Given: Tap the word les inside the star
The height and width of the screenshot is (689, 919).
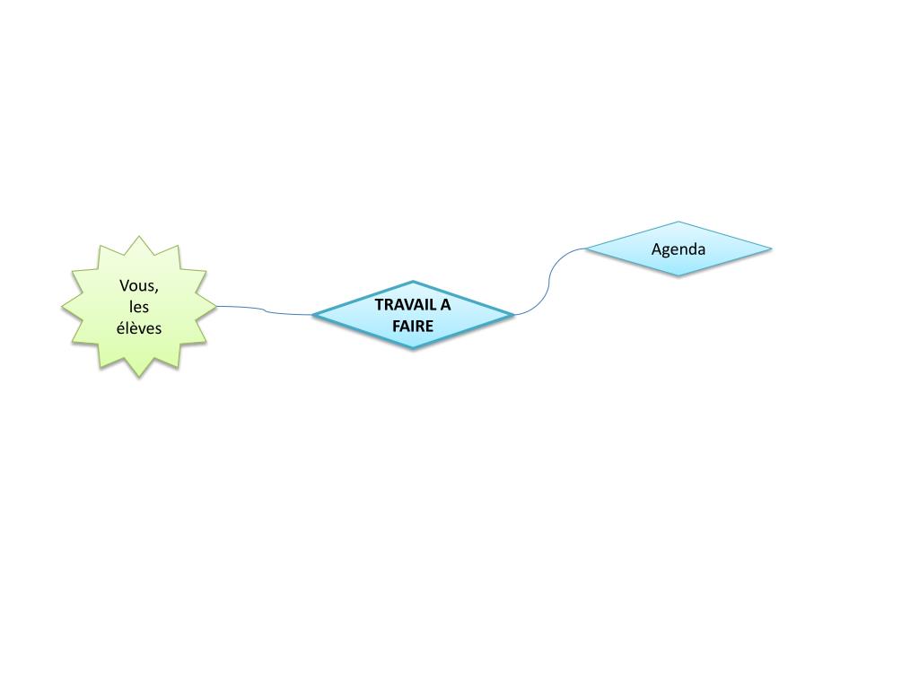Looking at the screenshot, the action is pos(138,307).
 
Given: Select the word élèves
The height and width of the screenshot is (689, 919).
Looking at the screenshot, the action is pos(139,327).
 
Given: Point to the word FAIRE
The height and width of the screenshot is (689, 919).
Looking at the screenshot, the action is pos(413,326).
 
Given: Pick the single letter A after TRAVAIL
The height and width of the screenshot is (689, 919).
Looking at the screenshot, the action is pos(445,304).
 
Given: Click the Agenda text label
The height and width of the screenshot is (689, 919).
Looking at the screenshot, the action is pos(678,249).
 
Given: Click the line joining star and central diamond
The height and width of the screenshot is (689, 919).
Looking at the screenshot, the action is pos(265,310).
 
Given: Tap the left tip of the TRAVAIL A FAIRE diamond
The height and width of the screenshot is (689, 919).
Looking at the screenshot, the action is pos(315,315).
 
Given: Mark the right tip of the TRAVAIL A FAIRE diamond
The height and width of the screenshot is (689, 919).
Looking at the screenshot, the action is pos(512,315).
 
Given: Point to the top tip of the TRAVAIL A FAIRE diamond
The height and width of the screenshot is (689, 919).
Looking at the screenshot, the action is pos(413,282).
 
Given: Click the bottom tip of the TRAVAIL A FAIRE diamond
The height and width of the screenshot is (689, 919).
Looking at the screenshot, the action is pos(413,347).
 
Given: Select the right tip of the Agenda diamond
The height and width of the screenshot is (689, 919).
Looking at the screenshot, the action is pos(770,249).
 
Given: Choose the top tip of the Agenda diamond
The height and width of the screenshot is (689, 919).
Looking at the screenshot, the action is pos(678,222).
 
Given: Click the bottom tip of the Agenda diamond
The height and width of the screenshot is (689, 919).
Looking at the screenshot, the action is pos(678,275).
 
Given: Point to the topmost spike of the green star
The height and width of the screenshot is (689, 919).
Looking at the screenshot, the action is pos(138,238).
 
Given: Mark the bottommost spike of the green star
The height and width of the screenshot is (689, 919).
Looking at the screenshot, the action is pos(138,376).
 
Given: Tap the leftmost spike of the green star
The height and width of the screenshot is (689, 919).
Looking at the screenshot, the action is pos(63,307).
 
